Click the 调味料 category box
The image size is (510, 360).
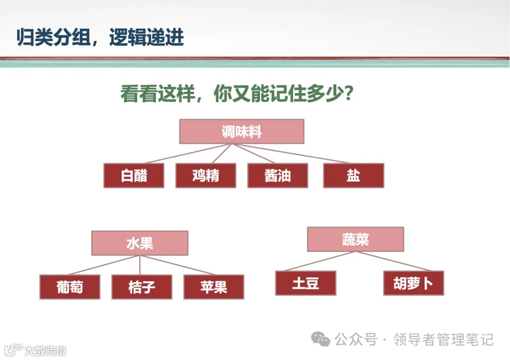click(241, 131)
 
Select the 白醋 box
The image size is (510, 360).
click(134, 176)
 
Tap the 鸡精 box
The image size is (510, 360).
click(206, 176)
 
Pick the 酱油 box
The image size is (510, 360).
click(278, 176)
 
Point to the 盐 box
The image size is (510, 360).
click(353, 176)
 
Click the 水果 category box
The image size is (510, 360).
click(140, 243)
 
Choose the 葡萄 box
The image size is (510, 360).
click(70, 287)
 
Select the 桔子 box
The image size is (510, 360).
click(142, 287)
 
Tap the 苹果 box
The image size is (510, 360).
click(213, 287)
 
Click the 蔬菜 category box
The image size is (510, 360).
click(356, 240)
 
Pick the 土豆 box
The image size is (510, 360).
click(306, 283)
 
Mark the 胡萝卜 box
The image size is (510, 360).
click(413, 283)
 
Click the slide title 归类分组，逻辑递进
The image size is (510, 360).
click(100, 37)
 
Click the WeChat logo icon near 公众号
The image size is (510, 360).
click(321, 339)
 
